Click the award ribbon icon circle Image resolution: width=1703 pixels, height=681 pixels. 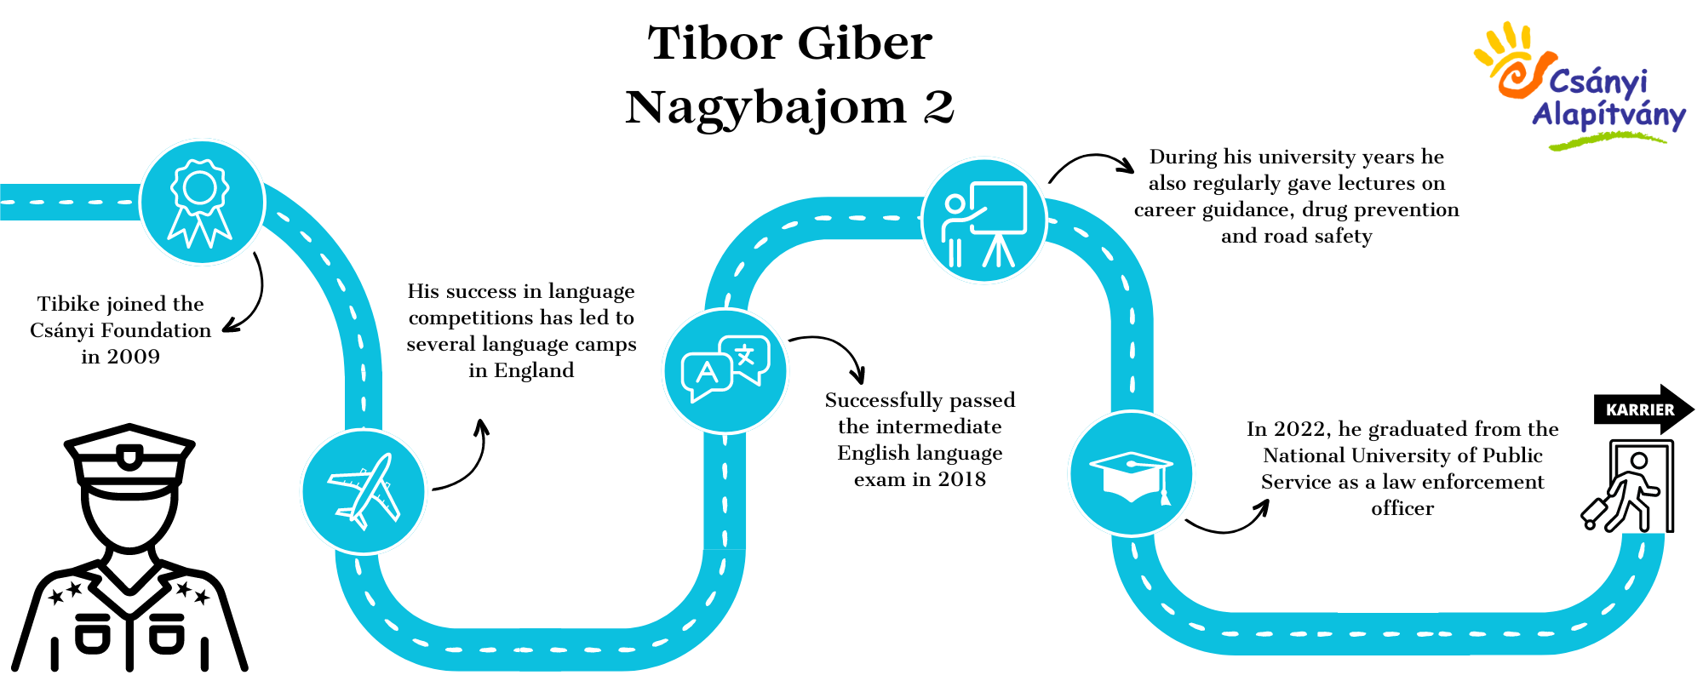pos(202,203)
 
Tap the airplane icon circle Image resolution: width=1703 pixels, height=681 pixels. pos(364,491)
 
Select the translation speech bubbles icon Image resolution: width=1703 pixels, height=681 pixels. pos(725,370)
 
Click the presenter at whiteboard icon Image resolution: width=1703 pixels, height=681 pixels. pos(983,224)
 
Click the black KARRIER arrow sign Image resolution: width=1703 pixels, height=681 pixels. pos(1643,409)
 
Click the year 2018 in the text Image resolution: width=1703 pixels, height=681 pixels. pos(961,479)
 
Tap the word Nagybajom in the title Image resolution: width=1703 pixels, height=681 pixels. pos(766,109)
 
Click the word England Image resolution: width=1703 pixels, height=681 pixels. pos(534,370)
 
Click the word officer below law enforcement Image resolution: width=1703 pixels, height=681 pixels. pos(1402,508)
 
